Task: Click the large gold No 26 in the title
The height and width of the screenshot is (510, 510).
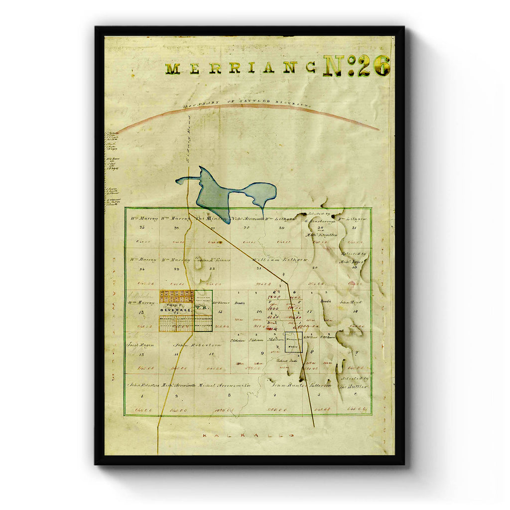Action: click(357, 66)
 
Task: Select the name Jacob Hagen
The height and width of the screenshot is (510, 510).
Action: click(140, 344)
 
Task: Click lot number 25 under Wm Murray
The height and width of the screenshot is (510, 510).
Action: click(142, 228)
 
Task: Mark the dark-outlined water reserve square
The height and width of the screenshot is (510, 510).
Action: click(293, 342)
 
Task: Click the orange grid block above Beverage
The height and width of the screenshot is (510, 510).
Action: click(177, 296)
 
